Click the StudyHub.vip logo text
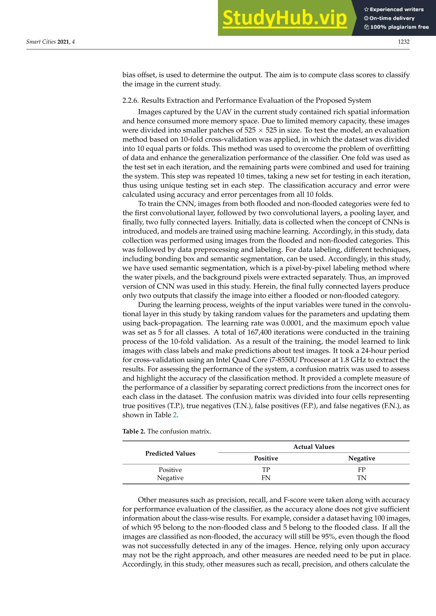285,18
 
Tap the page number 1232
403,42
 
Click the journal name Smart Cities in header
41,42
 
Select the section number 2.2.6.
131,100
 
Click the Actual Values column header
314,447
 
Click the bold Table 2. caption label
134,431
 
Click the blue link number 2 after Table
175,415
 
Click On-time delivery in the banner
392,18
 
